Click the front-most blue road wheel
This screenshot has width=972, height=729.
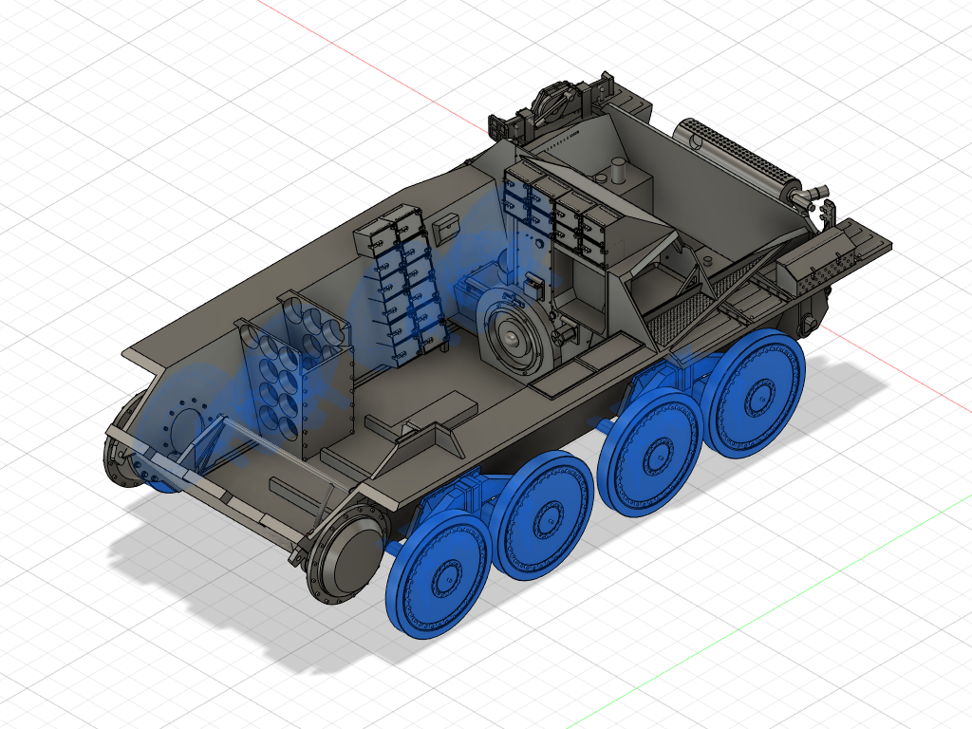pos(438,573)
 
